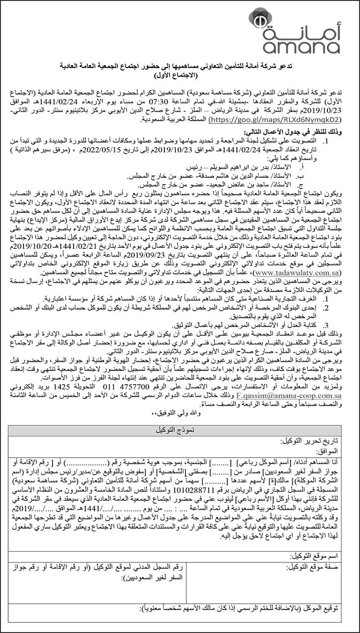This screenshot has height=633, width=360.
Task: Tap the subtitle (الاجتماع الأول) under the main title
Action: tap(180, 75)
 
